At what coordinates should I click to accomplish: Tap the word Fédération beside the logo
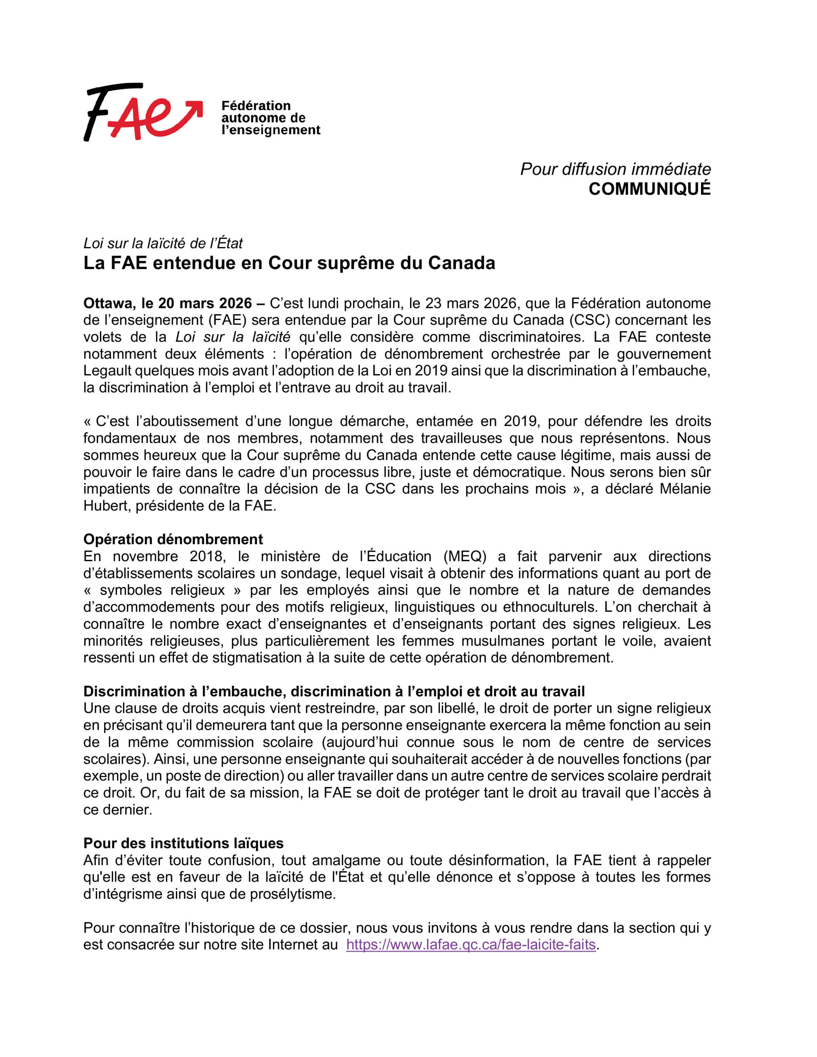[x=256, y=106]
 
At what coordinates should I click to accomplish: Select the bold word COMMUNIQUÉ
[x=649, y=189]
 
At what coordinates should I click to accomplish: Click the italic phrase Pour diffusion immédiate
[x=615, y=169]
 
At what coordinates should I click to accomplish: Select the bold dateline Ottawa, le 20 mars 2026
[x=168, y=303]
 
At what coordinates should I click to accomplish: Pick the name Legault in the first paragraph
[x=107, y=371]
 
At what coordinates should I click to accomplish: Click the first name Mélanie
[x=685, y=489]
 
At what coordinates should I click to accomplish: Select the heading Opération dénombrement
[x=173, y=539]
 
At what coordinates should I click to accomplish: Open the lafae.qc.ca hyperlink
[x=470, y=945]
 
